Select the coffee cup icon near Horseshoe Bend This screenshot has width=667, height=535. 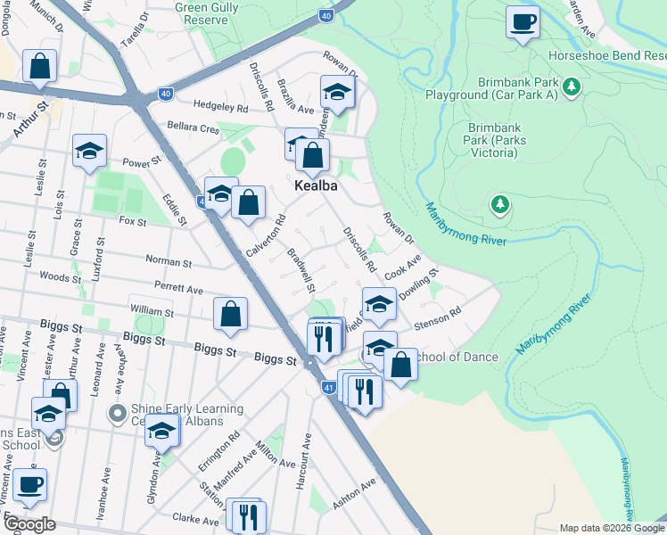pos(523,21)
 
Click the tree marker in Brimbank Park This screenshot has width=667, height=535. pos(500,206)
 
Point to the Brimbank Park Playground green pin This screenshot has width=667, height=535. pos(572,88)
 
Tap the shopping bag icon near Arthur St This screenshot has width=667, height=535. pos(39,65)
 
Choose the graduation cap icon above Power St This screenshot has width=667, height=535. pos(89,151)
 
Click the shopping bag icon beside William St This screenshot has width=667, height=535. pos(230,314)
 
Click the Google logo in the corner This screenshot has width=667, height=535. pos(29,524)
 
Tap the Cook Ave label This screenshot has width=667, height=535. pos(401,267)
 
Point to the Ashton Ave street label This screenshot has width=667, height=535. pos(355,491)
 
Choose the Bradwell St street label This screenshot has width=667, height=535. pos(301,269)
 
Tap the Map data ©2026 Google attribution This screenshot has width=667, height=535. pos(611,528)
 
